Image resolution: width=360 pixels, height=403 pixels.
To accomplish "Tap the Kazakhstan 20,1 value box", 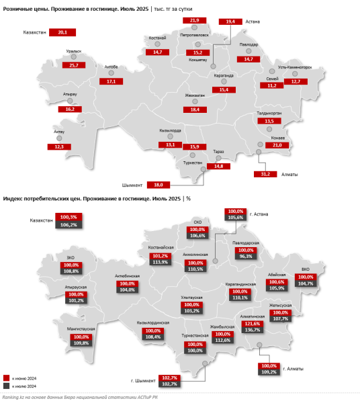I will pos(62,32).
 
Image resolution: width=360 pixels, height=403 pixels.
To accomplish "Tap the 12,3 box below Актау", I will pos(59,146).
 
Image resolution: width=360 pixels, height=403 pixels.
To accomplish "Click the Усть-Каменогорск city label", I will pos(296,68).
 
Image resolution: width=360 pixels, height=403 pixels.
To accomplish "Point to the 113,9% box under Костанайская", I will pos(159,262).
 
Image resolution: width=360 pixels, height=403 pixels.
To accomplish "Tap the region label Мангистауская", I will pos(81,328).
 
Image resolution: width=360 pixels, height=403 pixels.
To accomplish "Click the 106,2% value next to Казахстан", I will pos(69,225).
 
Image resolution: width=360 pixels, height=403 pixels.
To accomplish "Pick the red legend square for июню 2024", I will pos(6,377).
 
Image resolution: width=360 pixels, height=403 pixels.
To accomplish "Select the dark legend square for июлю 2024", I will pos(6,386).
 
